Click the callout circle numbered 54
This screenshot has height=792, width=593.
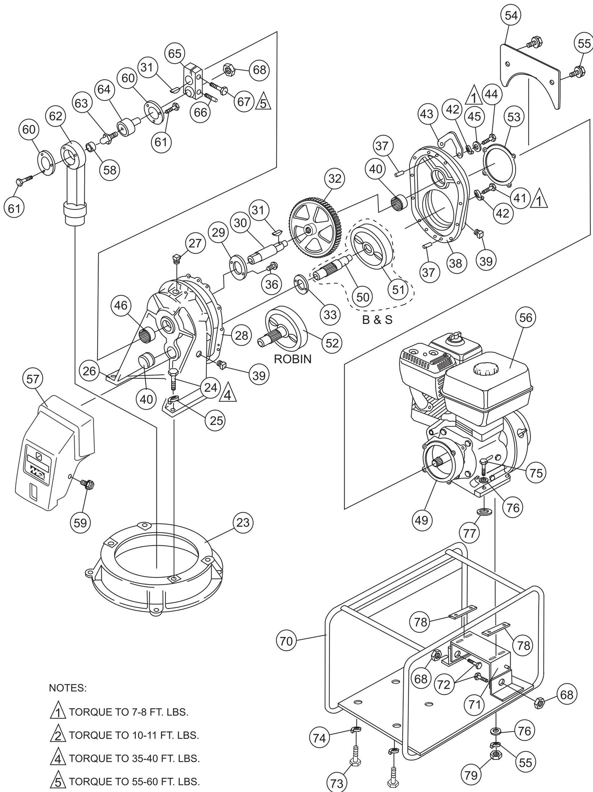click(x=511, y=16)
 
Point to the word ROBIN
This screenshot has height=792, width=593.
click(x=293, y=359)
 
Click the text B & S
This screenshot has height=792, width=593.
click(x=377, y=319)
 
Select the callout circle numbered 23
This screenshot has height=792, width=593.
click(x=243, y=523)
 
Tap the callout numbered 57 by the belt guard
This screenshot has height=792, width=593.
click(x=33, y=379)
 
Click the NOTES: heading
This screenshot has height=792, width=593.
click(x=68, y=688)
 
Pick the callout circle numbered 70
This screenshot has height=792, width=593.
click(x=287, y=641)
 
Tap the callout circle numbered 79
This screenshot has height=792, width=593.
click(x=471, y=775)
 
